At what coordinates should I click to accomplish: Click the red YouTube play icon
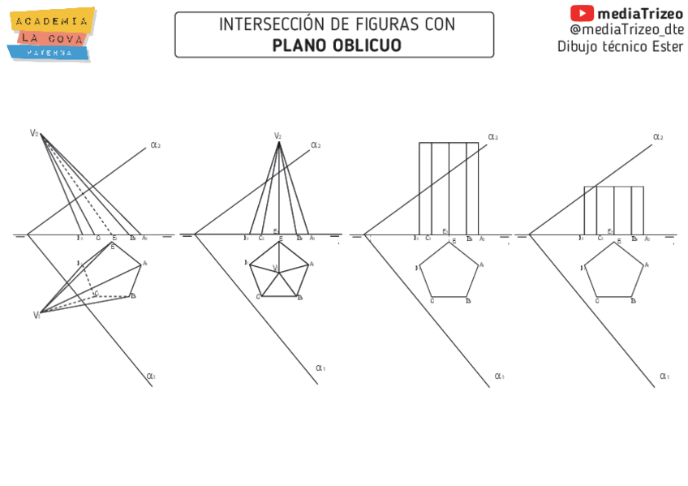pyautogui.click(x=582, y=13)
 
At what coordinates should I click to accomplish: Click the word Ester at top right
pyautogui.click(x=667, y=46)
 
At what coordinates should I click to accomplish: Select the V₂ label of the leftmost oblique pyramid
pyautogui.click(x=34, y=133)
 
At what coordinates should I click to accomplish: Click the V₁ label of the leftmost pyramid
pyautogui.click(x=37, y=315)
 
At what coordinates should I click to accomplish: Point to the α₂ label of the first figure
pyautogui.click(x=155, y=145)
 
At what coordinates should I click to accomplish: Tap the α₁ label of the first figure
pyautogui.click(x=151, y=376)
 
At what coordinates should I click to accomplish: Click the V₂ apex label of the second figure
pyautogui.click(x=277, y=135)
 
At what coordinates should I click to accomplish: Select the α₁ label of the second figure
pyautogui.click(x=320, y=368)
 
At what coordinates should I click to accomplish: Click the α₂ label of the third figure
pyautogui.click(x=492, y=137)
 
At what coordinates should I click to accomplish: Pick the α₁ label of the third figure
pyautogui.click(x=499, y=376)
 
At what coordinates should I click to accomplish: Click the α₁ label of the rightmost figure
pyautogui.click(x=664, y=376)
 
